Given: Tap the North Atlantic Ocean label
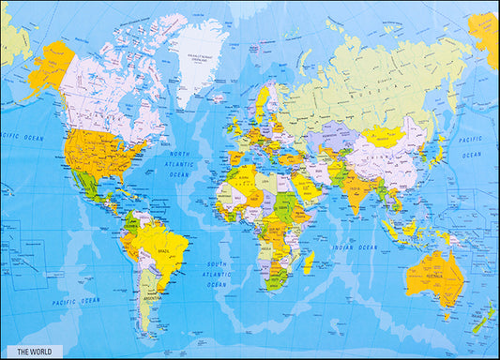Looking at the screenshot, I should pyautogui.click(x=179, y=164).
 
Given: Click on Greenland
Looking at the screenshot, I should pyautogui.click(x=202, y=52).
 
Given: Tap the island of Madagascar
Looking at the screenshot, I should pyautogui.click(x=309, y=262).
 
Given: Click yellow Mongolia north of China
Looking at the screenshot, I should pyautogui.click(x=384, y=135).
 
